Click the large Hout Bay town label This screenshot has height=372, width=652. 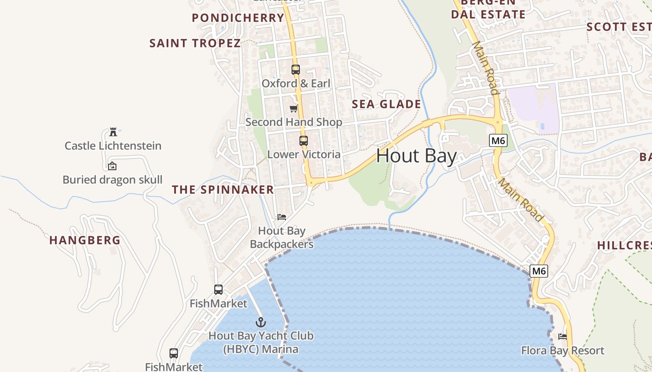pos(416,156)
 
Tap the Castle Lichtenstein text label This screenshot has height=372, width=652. pos(113,146)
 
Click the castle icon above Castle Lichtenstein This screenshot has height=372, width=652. pos(113,132)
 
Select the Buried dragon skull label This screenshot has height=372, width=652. pos(113,179)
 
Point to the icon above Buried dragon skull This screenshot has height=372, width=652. pos(112,166)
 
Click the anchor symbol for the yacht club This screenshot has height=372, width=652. pos(261,322)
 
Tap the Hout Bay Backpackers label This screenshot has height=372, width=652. pos(282,237)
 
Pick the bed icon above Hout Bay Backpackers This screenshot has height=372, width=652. pos(281,217)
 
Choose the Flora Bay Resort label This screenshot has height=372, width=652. pos(563,351)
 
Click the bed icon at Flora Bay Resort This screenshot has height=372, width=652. pos(563,336)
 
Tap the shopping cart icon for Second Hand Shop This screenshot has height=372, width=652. pos(293,108)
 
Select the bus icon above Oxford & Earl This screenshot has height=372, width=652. pos(296,70)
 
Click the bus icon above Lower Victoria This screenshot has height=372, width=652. pos(304,140)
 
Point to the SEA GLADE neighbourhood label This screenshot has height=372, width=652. pos(387,104)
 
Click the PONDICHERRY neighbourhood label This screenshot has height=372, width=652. pos(238,18)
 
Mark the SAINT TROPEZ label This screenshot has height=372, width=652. pos(195,43)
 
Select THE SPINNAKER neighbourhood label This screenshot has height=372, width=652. pos(223,190)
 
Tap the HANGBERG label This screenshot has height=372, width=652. pos(85,240)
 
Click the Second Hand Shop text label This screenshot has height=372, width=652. pos(294,122)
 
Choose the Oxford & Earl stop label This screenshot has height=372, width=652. pos(296,84)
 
